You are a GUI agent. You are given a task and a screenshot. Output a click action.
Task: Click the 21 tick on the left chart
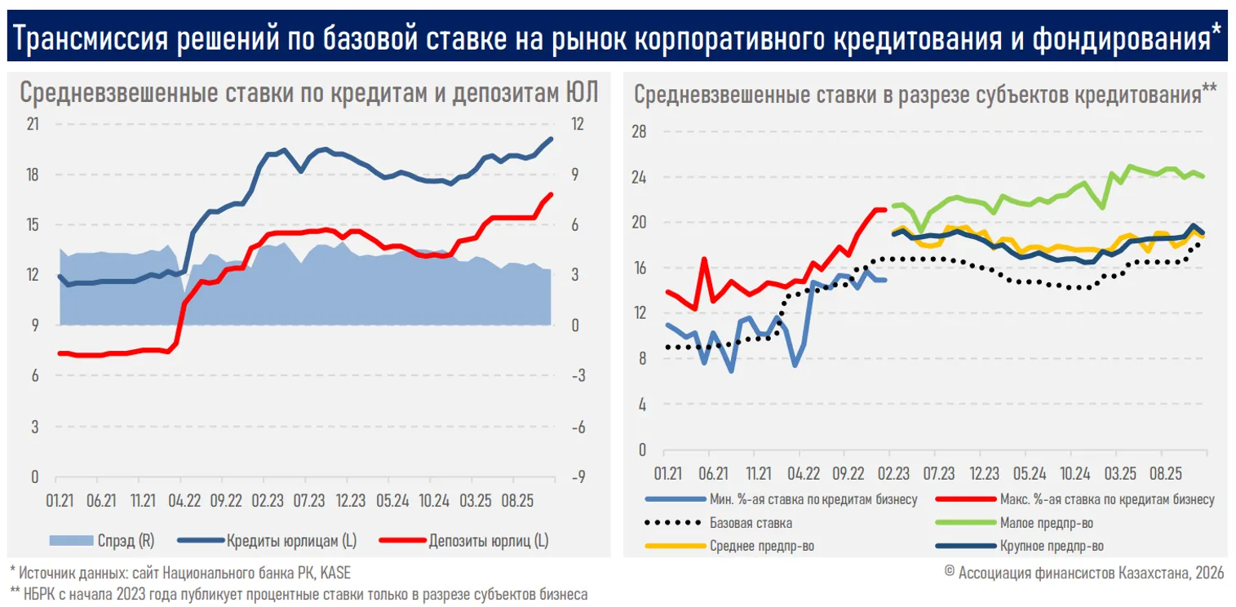33,124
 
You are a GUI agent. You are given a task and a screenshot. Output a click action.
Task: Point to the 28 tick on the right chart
639,131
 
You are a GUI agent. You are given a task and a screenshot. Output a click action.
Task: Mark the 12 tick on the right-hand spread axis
576,124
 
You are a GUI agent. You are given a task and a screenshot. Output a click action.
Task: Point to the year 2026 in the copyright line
1207,573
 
